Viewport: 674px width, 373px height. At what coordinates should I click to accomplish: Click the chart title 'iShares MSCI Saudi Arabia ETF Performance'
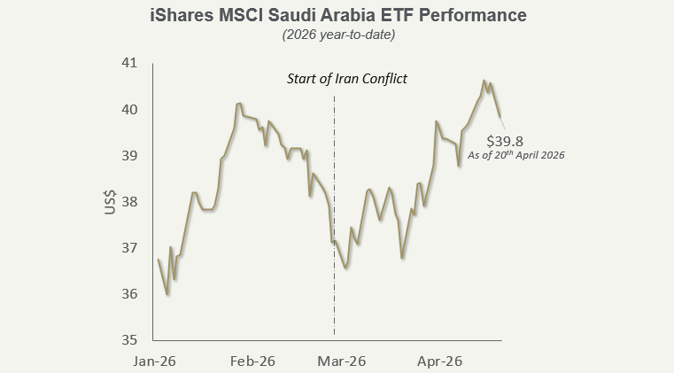click(337, 16)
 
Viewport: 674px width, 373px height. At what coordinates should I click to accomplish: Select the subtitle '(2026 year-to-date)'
click(337, 35)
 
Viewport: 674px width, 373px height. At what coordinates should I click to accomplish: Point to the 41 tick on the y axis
click(130, 64)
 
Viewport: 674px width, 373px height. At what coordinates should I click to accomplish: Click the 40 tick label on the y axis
click(130, 110)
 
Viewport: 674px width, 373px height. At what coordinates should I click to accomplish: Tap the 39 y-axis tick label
click(130, 156)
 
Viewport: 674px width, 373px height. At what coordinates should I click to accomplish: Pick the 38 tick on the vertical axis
click(130, 202)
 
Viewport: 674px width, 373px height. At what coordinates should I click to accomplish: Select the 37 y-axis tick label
click(130, 248)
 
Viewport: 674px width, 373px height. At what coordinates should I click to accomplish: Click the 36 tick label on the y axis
click(130, 294)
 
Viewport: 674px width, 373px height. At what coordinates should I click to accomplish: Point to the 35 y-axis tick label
click(130, 340)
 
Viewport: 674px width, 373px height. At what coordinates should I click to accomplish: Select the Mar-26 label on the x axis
click(342, 361)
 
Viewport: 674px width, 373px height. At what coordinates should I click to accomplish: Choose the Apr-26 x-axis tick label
click(439, 361)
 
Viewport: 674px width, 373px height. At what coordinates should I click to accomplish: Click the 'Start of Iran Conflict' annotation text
click(346, 79)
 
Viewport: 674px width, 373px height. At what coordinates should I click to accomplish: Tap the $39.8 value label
click(505, 140)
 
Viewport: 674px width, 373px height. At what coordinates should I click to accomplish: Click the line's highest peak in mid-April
click(484, 81)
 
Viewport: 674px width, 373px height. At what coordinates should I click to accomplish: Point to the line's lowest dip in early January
click(167, 294)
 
